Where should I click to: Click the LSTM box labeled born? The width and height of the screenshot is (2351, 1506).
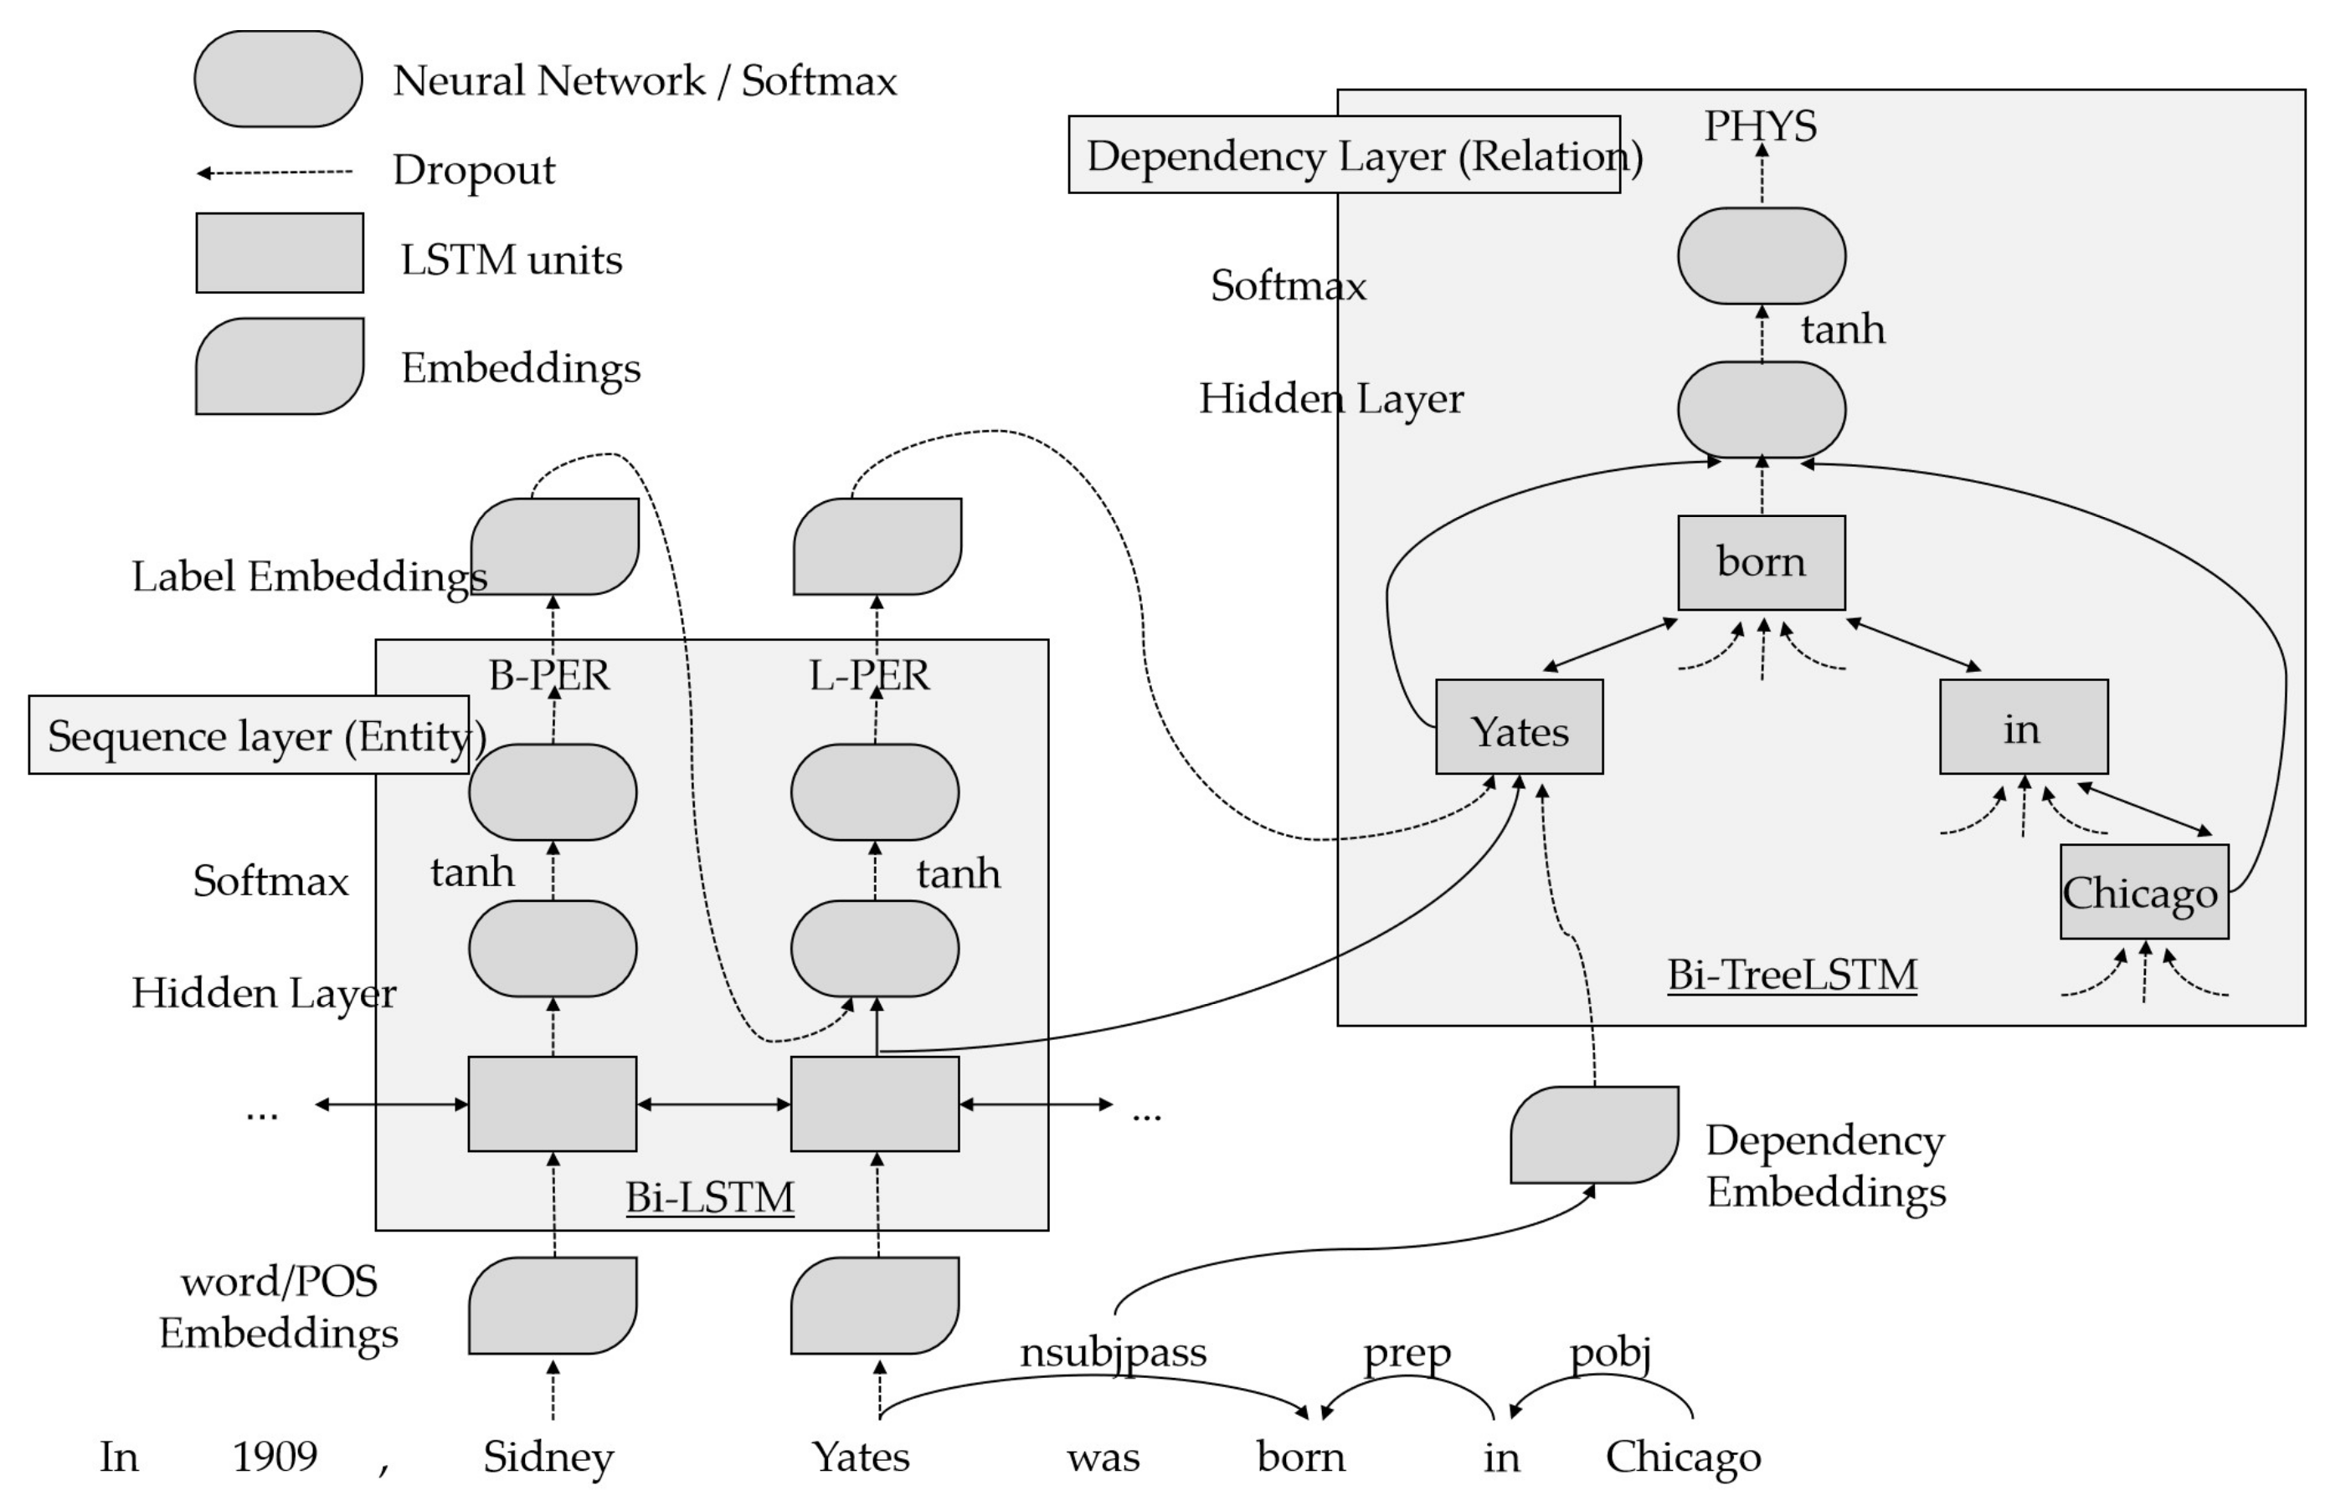click(1761, 562)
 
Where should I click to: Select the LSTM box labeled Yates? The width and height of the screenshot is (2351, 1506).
click(1519, 726)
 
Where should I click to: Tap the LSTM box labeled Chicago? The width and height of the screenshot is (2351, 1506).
click(2143, 891)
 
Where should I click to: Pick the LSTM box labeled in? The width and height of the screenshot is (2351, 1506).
click(2024, 726)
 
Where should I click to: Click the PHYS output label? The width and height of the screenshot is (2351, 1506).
click(1760, 126)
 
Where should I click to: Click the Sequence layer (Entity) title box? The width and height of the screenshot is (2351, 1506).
click(250, 735)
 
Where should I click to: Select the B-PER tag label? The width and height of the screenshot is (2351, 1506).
click(549, 674)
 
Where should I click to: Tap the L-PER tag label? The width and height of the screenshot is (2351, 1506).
click(870, 674)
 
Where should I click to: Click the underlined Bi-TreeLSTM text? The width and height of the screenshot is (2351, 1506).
click(1792, 974)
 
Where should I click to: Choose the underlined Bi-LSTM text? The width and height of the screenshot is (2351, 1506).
click(709, 1196)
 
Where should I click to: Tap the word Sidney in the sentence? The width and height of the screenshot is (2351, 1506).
click(548, 1456)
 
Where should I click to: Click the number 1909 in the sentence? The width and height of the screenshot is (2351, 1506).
click(275, 1456)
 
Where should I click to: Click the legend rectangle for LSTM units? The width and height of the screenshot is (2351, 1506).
click(279, 253)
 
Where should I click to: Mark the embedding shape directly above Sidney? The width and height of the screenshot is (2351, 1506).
click(552, 1304)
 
